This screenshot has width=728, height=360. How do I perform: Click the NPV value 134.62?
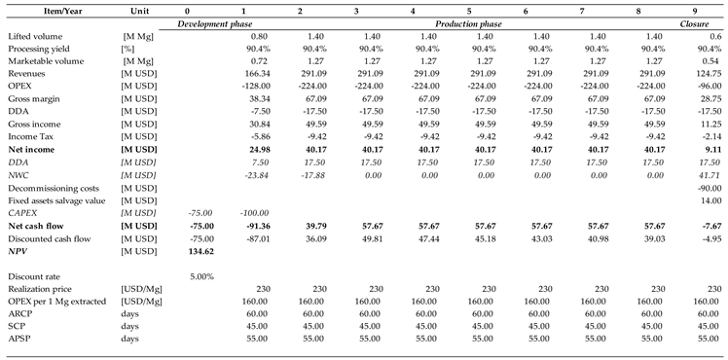201,250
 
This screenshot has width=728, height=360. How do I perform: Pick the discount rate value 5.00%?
201,276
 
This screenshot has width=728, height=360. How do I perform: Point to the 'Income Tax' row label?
32,136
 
